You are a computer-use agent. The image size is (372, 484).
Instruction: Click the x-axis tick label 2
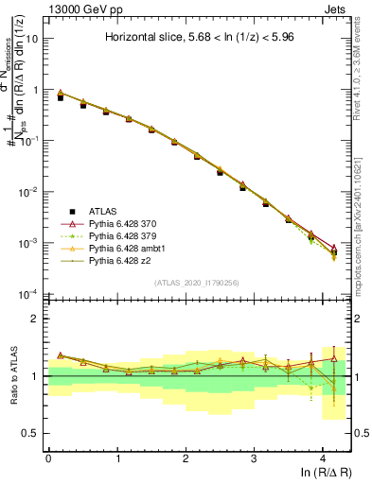click(x=186, y=458)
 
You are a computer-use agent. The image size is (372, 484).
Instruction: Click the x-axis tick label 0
click(x=48, y=458)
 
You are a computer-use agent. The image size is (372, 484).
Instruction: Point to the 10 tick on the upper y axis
click(x=33, y=39)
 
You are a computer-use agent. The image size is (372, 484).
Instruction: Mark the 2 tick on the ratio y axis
click(x=36, y=319)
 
